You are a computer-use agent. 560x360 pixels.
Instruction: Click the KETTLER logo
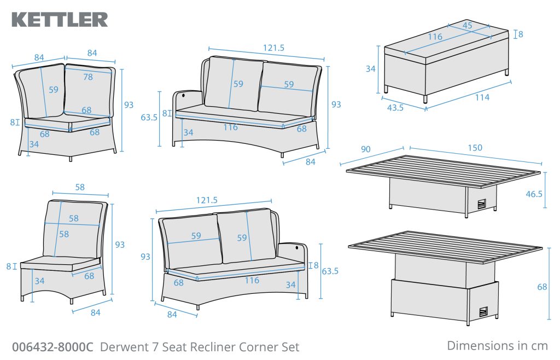coord(60,19)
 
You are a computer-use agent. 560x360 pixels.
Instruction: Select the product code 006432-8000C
coord(52,347)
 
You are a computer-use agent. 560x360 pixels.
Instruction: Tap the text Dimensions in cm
coord(497,346)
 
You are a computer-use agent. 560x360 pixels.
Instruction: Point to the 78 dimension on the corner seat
coord(87,78)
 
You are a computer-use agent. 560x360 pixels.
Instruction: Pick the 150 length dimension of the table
coord(475,148)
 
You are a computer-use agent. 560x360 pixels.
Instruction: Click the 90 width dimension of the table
coord(365,148)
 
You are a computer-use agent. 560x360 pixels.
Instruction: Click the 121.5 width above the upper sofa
coord(273,48)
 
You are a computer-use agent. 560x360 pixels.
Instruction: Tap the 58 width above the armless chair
coord(80,187)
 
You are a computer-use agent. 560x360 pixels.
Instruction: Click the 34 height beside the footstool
coord(370,69)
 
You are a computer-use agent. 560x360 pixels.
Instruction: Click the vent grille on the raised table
coord(482,312)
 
